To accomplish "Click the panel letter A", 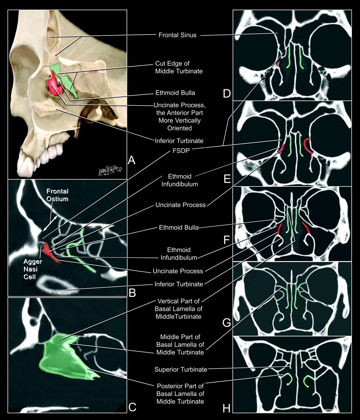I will pos(132,160).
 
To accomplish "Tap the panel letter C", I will pos(132,407).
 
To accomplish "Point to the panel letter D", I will pos(227,94).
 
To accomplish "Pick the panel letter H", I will pos(226,409).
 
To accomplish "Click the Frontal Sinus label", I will pos(177,35).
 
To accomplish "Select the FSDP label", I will pos(181,151).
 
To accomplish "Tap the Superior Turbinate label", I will pos(181,369).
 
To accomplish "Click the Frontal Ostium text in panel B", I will pos(57,195).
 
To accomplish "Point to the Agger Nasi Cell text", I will pos(32,269).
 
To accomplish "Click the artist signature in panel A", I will pos(110,171).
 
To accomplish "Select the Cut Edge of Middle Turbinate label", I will pos(179,67).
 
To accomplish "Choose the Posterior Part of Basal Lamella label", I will pos(180,393).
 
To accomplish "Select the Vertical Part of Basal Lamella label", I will pos(179,309).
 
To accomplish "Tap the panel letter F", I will pos(226,240).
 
